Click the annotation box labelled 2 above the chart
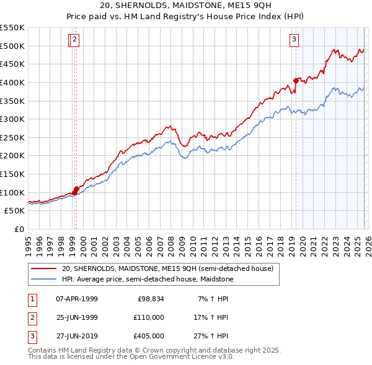coord(75,40)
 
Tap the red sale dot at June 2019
coord(296,80)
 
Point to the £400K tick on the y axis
coord(14,82)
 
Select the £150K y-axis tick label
coord(14,174)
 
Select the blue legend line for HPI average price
coord(44,280)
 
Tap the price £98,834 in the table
coord(150,299)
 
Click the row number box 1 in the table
coord(32,299)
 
